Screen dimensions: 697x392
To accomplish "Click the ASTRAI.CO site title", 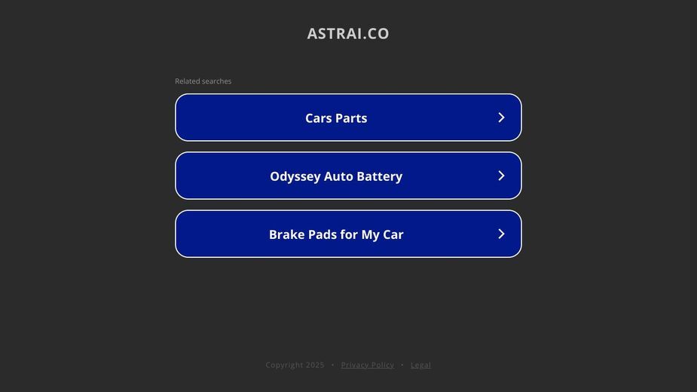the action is pos(348,33).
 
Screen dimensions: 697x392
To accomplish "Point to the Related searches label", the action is pos(203,81).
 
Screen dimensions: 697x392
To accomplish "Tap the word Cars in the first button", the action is pos(318,118).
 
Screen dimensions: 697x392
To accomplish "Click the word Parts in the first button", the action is pos(351,118).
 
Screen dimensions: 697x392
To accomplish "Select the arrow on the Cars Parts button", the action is pos(501,118).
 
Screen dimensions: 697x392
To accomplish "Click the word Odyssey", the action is pos(295,176).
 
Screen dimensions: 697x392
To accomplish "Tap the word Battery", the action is pos(380,176).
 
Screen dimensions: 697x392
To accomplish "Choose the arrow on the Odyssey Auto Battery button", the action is pos(501,176).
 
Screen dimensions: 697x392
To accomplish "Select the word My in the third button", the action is pos(370,235).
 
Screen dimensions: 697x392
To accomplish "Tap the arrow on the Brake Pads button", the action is pos(501,234).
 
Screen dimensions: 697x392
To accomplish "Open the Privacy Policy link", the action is pos(368,365).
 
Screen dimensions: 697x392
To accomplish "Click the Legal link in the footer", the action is pos(420,365).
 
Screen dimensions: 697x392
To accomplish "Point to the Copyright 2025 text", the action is pos(295,365).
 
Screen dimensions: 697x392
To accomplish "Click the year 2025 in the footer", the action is pos(315,365).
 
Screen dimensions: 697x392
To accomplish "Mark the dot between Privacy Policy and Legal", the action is pos(402,365).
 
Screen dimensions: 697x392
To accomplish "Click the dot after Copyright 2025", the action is pos(333,365).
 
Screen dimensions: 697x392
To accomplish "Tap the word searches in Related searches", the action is pos(216,81).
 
